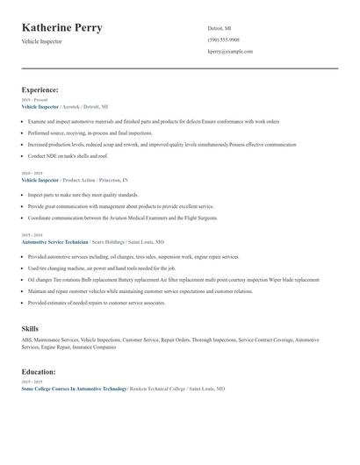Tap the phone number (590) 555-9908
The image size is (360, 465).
[x=224, y=39]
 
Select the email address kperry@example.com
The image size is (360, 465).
[x=230, y=52]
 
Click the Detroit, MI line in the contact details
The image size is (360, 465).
[x=219, y=27]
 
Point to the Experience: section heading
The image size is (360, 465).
[x=40, y=89]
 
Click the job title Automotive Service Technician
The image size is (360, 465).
[x=55, y=240]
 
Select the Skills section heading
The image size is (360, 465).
[x=30, y=328]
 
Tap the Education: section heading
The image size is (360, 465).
[x=39, y=372]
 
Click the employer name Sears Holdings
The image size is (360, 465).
[x=110, y=240]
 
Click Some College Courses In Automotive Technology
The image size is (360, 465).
[x=74, y=388]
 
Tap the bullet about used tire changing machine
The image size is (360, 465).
[x=103, y=268]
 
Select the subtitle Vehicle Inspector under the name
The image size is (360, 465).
[x=42, y=42]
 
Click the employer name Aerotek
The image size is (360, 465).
[x=75, y=106]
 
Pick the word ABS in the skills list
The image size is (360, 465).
[x=26, y=339]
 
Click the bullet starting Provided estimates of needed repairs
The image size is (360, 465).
[x=97, y=303]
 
